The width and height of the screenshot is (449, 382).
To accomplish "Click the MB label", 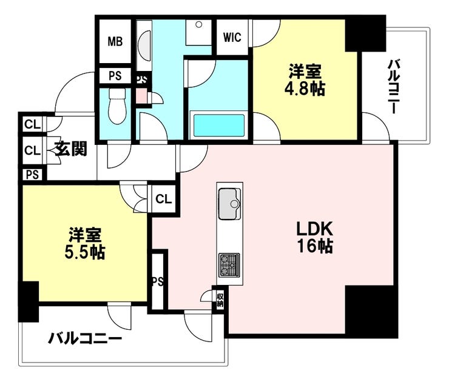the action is tap(115, 42).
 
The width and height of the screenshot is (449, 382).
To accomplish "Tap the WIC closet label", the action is tap(232, 38).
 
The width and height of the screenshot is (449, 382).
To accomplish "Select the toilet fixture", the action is tap(117, 106).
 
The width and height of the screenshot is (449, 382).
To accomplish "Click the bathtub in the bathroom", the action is tap(219, 126).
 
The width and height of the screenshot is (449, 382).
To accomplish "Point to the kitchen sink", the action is tap(229, 204).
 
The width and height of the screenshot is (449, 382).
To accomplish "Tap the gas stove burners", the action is tap(229, 265).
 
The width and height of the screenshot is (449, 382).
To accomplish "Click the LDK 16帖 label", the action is tap(314, 238).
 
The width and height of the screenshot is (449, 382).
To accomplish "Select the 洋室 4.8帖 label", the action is tap(305, 80).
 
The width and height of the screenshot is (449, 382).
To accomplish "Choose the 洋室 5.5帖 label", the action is tap(85, 243).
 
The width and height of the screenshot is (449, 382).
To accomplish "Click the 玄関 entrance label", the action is tap(71, 149).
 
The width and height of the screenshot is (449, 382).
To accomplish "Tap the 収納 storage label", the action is tap(220, 300).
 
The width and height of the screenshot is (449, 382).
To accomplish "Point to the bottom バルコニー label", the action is tap(85, 339).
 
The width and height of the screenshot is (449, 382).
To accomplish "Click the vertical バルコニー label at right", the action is tap(394, 87).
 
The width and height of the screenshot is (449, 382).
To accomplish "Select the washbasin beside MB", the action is tap(144, 45).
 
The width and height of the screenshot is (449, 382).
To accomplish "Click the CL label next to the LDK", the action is tap(163, 199).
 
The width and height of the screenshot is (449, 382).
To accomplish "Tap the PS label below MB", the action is tap(115, 76).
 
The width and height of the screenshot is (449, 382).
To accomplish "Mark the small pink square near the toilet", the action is tap(141, 96).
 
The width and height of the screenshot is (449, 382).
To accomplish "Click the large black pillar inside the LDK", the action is tap(371, 311).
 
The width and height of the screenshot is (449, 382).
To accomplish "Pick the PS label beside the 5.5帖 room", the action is tap(157, 281).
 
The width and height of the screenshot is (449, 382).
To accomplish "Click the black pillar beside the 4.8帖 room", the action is tap(365, 34).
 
